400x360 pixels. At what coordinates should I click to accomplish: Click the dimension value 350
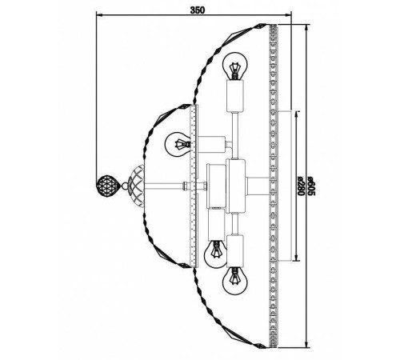point(198,10)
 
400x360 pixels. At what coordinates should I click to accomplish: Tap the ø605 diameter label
point(311,186)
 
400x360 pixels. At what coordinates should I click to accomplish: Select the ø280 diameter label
point(300,186)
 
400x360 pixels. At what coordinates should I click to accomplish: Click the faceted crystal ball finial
point(106,185)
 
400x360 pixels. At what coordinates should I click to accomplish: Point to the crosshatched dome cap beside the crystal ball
point(136,185)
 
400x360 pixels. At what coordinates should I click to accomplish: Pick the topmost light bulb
point(235,66)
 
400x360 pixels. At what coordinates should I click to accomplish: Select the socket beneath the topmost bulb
point(235,96)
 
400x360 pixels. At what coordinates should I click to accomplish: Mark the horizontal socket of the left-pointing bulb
point(211,145)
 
